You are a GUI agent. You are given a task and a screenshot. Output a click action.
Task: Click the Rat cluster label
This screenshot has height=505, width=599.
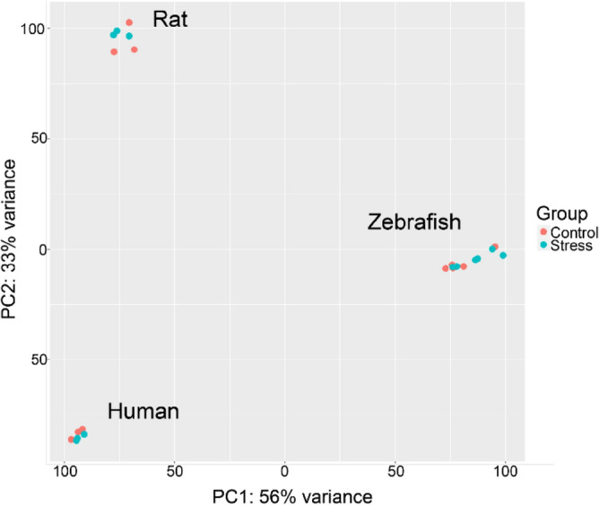point(170,19)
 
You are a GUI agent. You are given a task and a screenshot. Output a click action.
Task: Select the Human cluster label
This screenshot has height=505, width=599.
point(143,412)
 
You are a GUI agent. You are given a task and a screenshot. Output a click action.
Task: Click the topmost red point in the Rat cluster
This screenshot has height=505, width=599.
point(129,22)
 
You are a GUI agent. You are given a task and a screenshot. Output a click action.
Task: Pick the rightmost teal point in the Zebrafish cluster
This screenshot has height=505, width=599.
point(504,256)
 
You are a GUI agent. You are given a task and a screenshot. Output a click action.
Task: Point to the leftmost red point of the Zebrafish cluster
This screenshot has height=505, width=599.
point(446,268)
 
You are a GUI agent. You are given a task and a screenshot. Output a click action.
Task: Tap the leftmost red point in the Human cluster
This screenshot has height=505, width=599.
point(72,440)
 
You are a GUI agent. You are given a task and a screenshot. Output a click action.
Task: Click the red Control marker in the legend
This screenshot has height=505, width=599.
point(543,232)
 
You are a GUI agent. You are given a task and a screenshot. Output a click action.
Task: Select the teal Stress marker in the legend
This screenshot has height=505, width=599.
point(543,245)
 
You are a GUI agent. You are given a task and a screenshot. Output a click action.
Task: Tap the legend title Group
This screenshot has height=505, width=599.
point(561,213)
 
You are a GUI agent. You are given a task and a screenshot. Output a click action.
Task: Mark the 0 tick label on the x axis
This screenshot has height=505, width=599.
point(284,471)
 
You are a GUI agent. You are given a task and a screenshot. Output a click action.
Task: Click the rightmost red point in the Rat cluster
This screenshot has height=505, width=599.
point(135,49)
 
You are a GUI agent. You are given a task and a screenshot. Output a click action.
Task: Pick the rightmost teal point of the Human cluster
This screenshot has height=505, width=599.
point(84,434)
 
